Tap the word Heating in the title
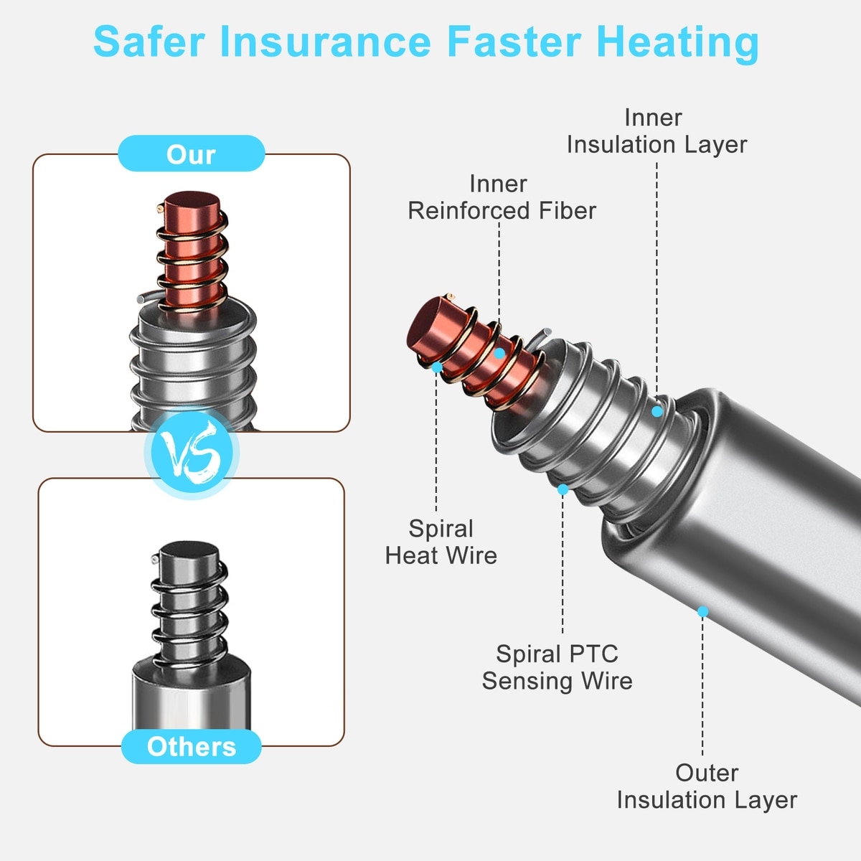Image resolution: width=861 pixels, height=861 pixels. [677, 43]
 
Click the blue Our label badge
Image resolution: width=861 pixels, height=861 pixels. [192, 154]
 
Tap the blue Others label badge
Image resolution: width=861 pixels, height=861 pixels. [192, 746]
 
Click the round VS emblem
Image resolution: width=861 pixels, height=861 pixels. [192, 453]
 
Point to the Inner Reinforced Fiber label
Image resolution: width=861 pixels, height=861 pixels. [502, 197]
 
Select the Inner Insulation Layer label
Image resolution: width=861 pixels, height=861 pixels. [657, 131]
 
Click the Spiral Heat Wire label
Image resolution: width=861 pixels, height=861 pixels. [441, 542]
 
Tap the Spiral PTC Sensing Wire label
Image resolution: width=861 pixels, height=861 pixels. [557, 667]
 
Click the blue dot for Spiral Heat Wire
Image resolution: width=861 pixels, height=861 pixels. [437, 367]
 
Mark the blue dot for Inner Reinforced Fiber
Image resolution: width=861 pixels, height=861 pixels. [499, 354]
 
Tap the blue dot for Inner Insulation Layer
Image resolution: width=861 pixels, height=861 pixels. [657, 411]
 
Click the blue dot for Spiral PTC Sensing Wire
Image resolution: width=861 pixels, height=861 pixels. [563, 489]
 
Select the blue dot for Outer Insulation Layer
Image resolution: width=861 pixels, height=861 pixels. [702, 611]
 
